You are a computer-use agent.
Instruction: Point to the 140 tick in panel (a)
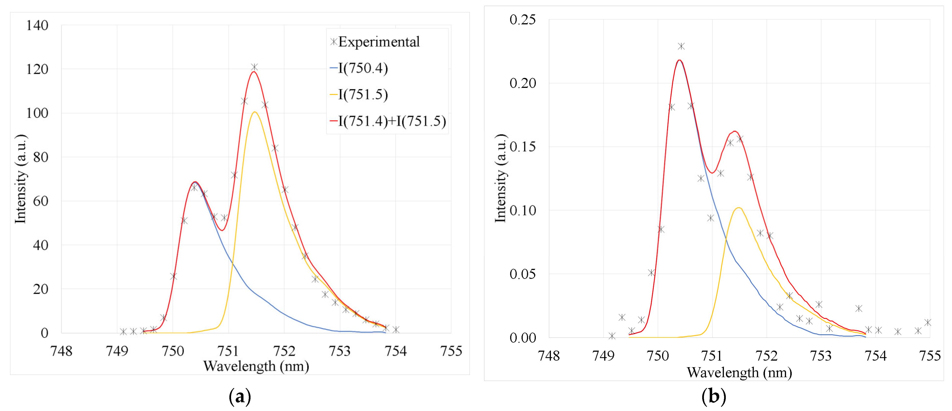pos(37,26)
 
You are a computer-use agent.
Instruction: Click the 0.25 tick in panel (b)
pos(522,20)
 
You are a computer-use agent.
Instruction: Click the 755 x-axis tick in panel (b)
pos(929,356)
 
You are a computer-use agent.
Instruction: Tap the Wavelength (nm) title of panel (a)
pos(256,366)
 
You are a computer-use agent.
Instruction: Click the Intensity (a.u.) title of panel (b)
pos(500,178)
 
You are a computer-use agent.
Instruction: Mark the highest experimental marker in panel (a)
pos(254,67)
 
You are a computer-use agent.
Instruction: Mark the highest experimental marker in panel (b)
pos(681,46)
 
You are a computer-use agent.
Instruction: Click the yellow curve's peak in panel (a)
pos(255,112)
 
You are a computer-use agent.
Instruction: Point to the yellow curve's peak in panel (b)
pos(738,208)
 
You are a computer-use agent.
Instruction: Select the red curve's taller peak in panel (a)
pos(253,72)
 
